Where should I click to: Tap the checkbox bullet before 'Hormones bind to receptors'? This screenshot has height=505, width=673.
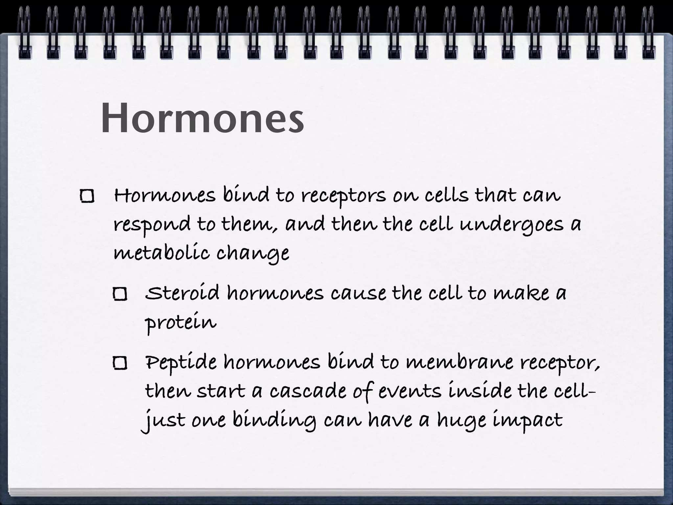pyautogui.click(x=87, y=196)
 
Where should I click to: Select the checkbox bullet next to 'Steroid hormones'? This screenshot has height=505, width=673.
pyautogui.click(x=120, y=294)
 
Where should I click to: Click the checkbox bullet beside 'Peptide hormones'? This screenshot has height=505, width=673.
pyautogui.click(x=120, y=363)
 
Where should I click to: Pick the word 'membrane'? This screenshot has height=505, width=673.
pyautogui.click(x=459, y=362)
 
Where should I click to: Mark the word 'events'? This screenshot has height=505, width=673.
pyautogui.click(x=409, y=392)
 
